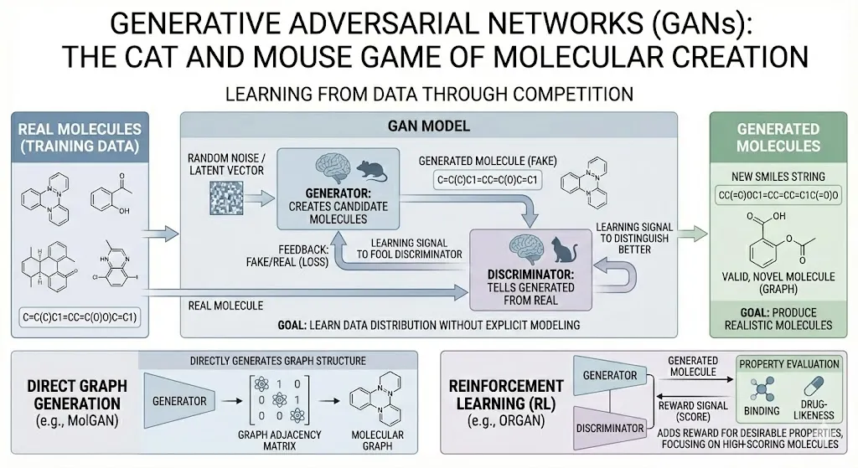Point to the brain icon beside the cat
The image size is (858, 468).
click(525, 249)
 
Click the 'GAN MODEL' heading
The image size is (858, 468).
click(428, 126)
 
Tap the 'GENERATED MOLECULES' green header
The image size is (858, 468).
click(778, 137)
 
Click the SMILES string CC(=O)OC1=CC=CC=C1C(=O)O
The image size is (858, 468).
click(778, 195)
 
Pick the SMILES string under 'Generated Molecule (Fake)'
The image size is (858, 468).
click(486, 179)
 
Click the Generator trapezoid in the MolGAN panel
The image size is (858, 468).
click(179, 400)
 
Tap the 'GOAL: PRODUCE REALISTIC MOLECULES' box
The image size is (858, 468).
click(778, 317)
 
